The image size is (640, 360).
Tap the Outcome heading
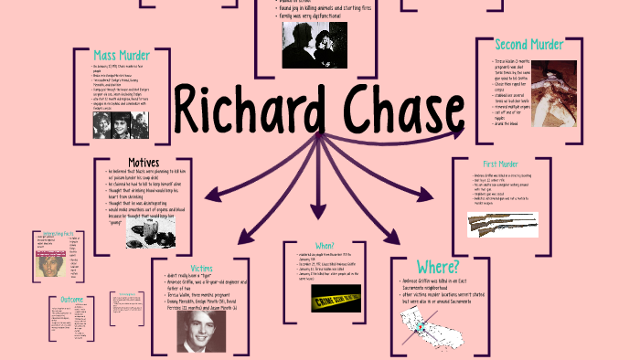[72, 299]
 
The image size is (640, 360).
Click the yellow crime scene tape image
[336, 298]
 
